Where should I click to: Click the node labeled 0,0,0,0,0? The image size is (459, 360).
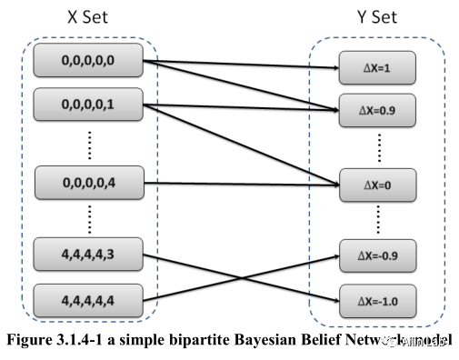point(88,61)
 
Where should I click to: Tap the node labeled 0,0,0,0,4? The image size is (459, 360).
point(88,182)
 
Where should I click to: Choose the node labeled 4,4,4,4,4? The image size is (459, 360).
point(88,298)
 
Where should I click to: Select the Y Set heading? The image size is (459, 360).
point(375,16)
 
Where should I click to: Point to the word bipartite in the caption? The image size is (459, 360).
point(184,342)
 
